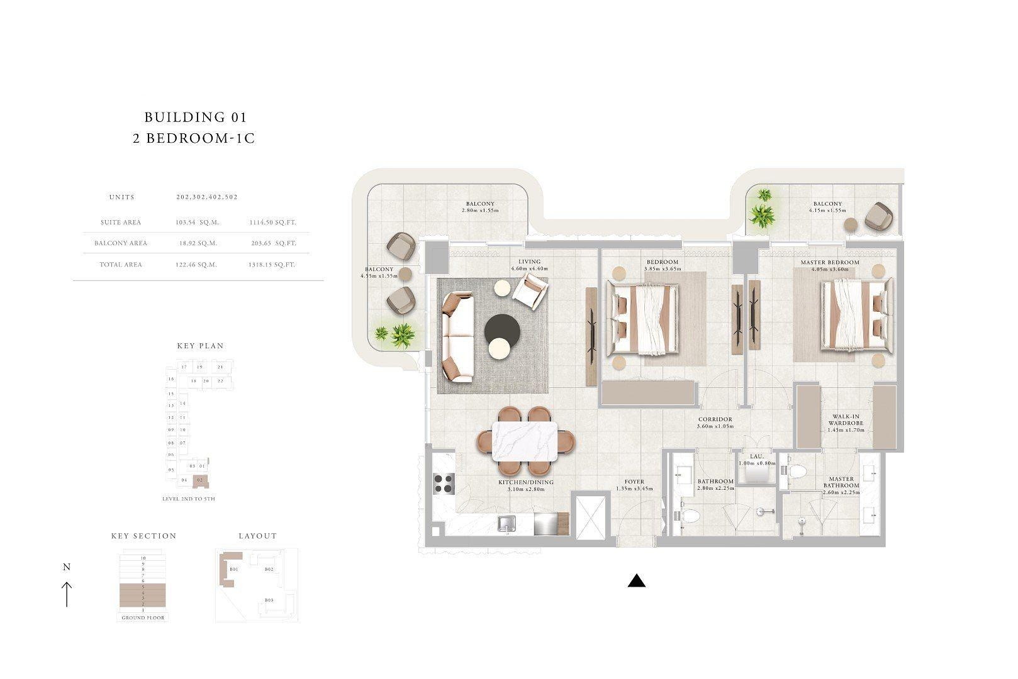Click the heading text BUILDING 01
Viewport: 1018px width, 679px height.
[195, 117]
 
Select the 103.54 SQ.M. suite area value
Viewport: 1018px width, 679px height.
[196, 223]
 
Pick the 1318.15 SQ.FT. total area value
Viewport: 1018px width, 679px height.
[271, 265]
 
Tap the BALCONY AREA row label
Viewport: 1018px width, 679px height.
[121, 243]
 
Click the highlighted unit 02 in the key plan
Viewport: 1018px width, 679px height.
[200, 480]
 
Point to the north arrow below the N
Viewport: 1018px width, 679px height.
[67, 594]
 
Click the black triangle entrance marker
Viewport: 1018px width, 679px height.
[637, 581]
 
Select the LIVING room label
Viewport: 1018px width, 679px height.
[529, 262]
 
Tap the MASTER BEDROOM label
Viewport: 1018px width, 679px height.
[829, 262]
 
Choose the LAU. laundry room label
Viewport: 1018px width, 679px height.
[756, 457]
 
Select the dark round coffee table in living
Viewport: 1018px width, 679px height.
[502, 329]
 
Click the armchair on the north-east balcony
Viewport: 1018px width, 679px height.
[877, 217]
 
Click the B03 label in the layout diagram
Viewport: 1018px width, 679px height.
[269, 600]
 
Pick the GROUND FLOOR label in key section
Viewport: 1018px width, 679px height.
[143, 618]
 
